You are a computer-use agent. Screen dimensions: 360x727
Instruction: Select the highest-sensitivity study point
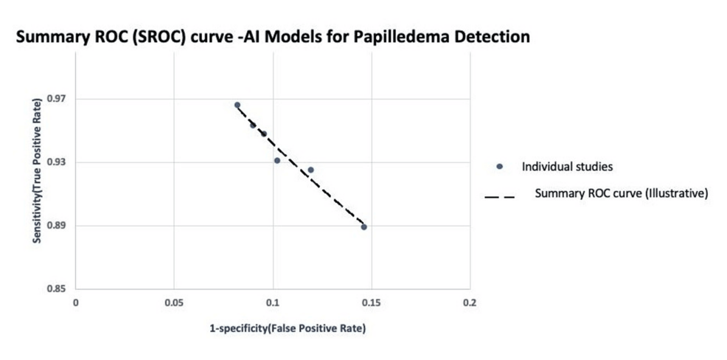coord(237,105)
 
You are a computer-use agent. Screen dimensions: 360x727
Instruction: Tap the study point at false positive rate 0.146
coord(364,226)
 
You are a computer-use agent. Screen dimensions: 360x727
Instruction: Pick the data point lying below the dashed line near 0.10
coord(277,160)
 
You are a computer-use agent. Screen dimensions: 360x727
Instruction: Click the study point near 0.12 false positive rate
coord(310,170)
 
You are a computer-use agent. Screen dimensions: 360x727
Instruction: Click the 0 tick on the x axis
coord(75,302)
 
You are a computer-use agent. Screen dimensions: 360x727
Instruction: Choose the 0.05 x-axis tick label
coord(174,302)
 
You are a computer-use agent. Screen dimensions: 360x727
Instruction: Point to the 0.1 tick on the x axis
coord(273,302)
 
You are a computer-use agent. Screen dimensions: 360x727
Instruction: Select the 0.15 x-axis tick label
coord(372,302)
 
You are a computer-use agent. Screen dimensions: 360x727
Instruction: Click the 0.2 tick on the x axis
coord(470,302)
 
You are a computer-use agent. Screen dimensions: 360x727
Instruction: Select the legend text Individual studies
coord(567,167)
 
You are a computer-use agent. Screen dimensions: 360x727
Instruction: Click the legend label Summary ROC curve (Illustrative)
coord(621,195)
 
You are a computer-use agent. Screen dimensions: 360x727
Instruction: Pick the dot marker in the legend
coord(499,167)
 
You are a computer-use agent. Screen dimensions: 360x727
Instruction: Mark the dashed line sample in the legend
coord(499,195)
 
